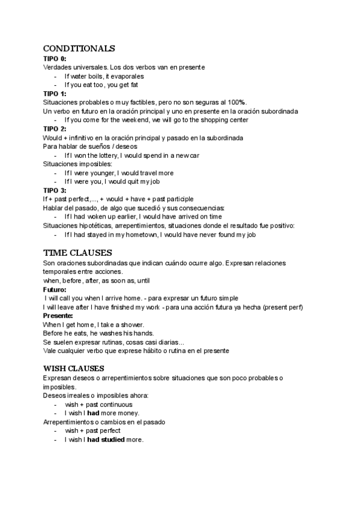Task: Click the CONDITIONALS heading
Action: tap(79, 49)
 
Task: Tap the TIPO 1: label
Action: tap(55, 94)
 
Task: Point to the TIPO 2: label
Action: tap(55, 128)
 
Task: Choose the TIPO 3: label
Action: tap(55, 190)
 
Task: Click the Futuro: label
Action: tap(55, 289)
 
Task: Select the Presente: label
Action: tap(58, 316)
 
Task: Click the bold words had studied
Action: tap(106, 439)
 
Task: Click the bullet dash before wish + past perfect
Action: tap(56, 430)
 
